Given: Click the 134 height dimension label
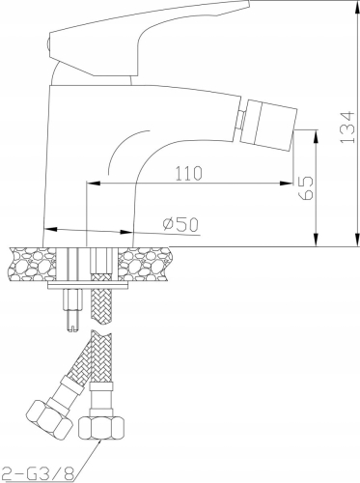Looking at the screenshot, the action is click(347, 128).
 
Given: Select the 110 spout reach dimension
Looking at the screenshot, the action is click(189, 173).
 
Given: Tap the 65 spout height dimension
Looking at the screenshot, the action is click(306, 188).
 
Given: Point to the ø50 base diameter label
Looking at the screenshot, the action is click(180, 224).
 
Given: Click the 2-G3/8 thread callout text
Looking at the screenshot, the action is click(38, 473).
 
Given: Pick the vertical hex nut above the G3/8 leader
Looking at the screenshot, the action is click(101, 428).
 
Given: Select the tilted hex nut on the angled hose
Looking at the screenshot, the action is click(49, 420).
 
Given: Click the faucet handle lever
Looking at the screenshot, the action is click(148, 39).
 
